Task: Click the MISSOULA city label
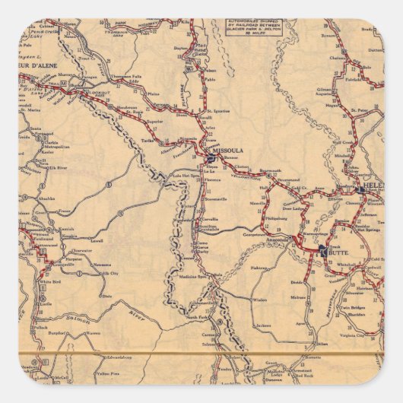point(229,151)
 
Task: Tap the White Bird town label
point(51,282)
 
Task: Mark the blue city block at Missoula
point(210,157)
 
